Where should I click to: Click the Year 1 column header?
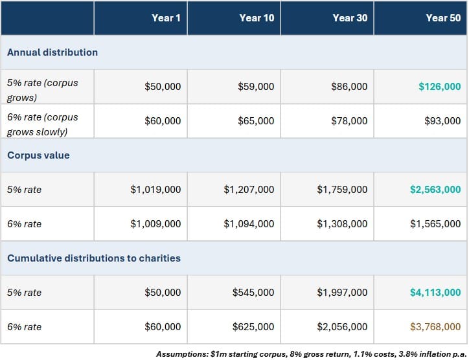tap(166, 18)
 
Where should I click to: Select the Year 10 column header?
tap(257, 18)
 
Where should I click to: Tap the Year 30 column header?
tap(350, 18)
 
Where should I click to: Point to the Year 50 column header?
tap(443, 18)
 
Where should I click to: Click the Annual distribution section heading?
tap(52, 52)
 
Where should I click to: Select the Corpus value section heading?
tap(38, 155)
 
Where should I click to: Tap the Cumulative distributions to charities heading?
tap(94, 258)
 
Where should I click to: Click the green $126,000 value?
tap(440, 86)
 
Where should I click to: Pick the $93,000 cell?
tap(442, 121)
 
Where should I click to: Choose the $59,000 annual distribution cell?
tap(256, 86)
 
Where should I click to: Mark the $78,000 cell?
tap(349, 121)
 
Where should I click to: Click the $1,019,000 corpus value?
tap(155, 190)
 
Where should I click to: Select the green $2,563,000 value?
tap(435, 190)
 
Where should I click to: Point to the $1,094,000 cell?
tap(249, 224)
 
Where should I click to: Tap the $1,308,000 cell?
tap(342, 224)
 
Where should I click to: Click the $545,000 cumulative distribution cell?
tap(253, 293)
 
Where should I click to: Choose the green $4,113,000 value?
tap(435, 293)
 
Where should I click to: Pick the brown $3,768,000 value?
tap(435, 327)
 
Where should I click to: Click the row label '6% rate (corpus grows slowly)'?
tap(43, 124)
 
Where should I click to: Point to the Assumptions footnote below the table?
tap(312, 354)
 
